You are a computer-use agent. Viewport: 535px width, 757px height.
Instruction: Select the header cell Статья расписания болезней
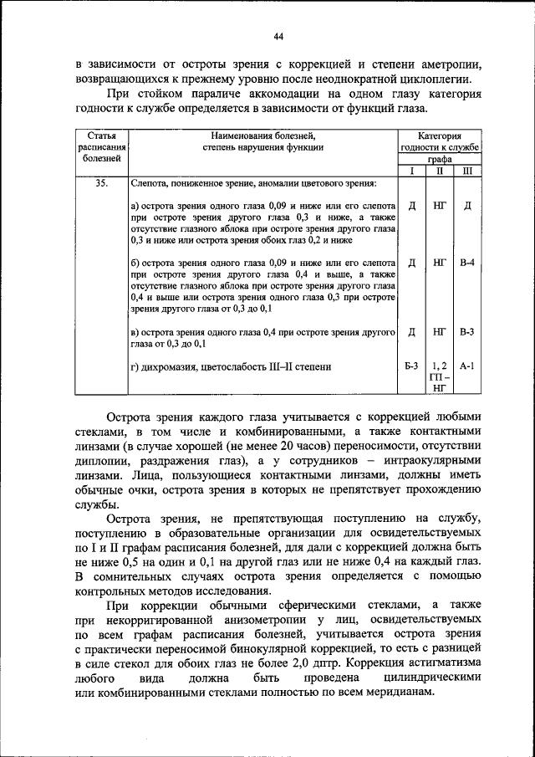101,146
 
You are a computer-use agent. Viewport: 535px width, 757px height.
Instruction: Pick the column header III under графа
467,171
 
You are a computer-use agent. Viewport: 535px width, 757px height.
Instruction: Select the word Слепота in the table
150,183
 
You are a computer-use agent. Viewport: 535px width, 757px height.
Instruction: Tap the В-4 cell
467,263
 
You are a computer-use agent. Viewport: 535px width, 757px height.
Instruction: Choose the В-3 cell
467,332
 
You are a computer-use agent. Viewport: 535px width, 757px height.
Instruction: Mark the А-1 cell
467,366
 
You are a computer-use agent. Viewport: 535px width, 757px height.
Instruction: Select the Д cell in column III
467,205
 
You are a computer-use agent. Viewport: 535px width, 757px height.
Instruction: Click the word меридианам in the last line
395,694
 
